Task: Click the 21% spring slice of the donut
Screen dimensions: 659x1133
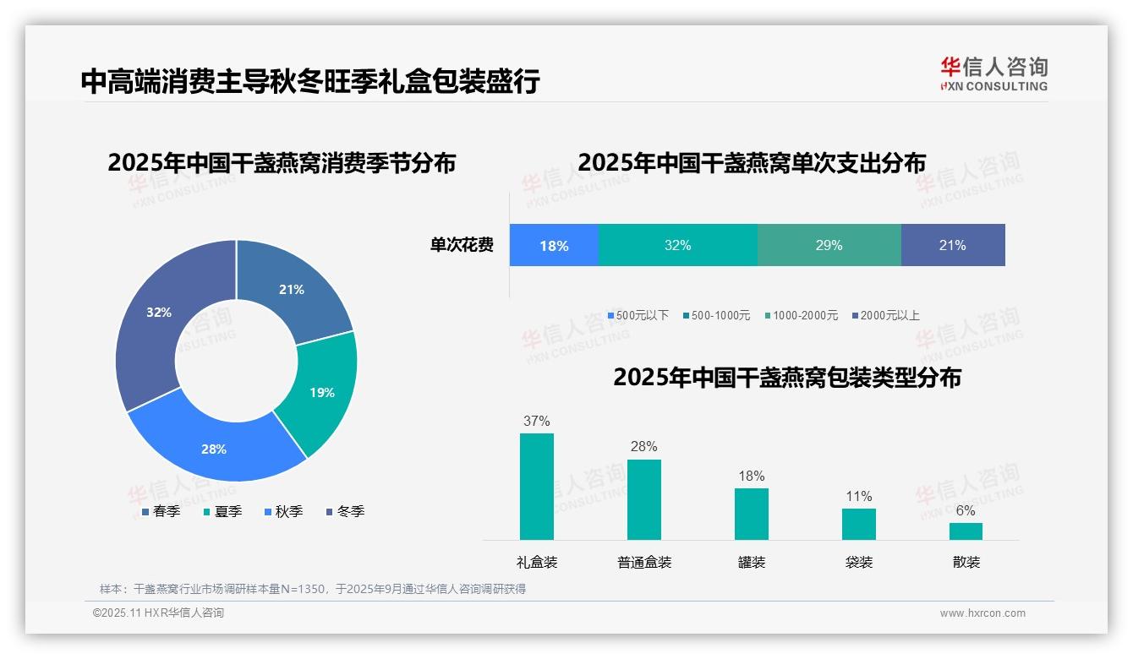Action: (x=293, y=289)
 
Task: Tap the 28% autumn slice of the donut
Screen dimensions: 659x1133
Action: (x=214, y=449)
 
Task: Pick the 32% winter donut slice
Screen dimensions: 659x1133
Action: (x=159, y=312)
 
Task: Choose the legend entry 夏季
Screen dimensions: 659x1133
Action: (x=222, y=511)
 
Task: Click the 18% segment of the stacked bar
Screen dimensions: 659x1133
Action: (x=554, y=246)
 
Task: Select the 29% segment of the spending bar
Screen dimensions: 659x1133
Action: (x=829, y=246)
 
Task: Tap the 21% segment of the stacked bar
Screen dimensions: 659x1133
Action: (x=952, y=246)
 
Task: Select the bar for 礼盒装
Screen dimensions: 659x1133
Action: (x=537, y=487)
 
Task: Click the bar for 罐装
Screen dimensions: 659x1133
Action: (x=751, y=514)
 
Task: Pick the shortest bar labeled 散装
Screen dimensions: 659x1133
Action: (x=966, y=531)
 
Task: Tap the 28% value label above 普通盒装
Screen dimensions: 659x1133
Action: (x=643, y=447)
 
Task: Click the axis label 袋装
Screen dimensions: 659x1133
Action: (x=858, y=562)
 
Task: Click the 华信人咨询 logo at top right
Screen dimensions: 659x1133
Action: (x=993, y=74)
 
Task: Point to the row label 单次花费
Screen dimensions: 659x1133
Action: (x=462, y=246)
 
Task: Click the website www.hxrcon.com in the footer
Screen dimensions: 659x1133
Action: (x=982, y=613)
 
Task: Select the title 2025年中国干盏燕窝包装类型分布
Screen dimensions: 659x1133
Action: (x=786, y=378)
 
